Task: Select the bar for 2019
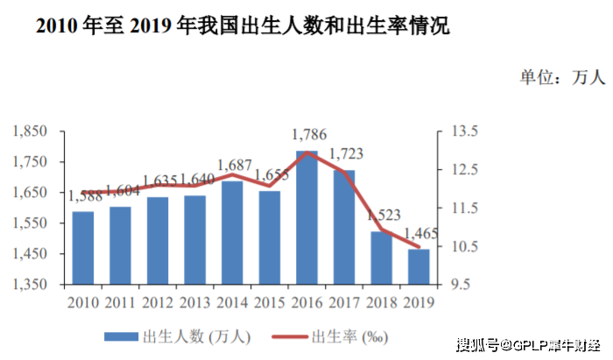(419, 267)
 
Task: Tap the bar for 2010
(83, 248)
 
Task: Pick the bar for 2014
(232, 233)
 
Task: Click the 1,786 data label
(307, 135)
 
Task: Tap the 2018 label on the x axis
(381, 302)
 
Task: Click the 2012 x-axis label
(158, 302)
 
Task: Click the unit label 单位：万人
(562, 77)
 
